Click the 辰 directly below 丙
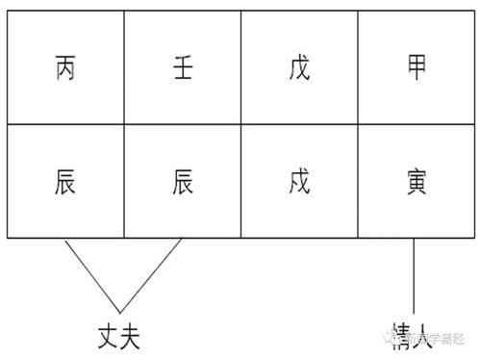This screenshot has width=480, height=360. point(64,180)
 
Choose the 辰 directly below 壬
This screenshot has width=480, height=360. point(182,180)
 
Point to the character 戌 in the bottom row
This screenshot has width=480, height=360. point(299,180)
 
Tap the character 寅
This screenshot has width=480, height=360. point(417,180)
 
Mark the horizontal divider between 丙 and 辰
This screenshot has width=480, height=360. point(64,124)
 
